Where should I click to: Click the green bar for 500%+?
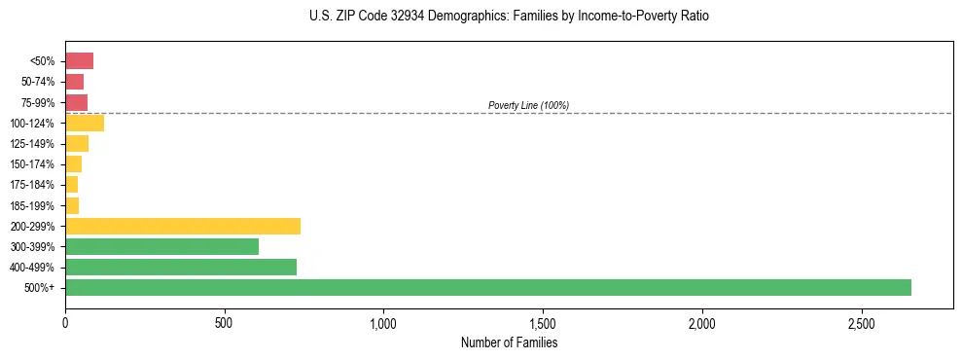coord(487,287)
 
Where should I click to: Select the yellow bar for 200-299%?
coord(183,226)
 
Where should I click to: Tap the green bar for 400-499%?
coord(181,267)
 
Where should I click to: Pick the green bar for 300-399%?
coord(161,246)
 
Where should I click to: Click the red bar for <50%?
coord(79,61)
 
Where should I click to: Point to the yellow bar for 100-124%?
coord(85,123)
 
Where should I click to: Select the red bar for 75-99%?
coord(76,102)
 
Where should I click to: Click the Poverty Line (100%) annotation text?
coord(528,105)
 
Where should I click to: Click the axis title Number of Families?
coord(509,342)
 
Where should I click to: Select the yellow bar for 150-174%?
coord(73,164)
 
